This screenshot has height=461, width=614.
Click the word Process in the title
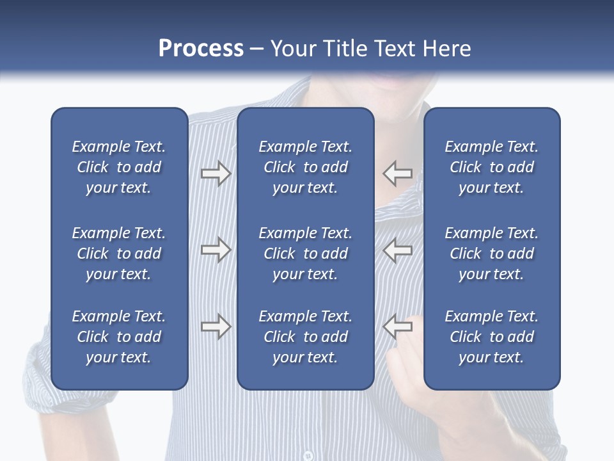[201, 49]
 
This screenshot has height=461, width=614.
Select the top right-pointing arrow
[216, 174]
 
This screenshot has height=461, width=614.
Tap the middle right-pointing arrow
[216, 250]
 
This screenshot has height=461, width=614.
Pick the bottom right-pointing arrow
[216, 327]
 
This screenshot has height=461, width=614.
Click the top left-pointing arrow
[398, 174]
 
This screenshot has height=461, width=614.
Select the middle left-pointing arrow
[398, 250]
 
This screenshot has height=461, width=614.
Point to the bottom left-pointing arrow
[398, 327]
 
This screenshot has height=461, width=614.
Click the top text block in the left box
[119, 167]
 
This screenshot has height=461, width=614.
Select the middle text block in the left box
[119, 254]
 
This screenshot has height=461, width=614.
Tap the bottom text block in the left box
[119, 337]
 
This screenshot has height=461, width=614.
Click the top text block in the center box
[305, 167]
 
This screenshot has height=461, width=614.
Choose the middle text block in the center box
[305, 254]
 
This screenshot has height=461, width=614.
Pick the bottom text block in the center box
[305, 337]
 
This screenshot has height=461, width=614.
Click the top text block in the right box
[491, 167]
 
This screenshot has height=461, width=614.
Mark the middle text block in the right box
[491, 254]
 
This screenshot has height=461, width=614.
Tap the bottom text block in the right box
[491, 337]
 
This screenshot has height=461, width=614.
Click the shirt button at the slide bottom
[308, 456]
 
